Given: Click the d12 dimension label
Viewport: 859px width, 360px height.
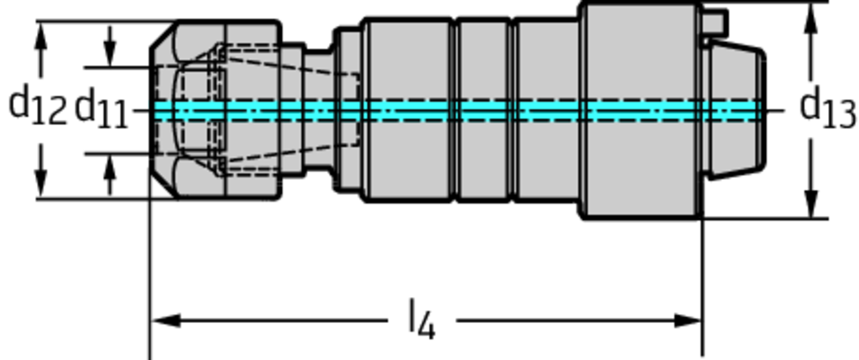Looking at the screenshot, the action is pyautogui.click(x=38, y=107).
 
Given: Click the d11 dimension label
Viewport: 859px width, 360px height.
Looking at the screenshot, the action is pyautogui.click(x=102, y=110).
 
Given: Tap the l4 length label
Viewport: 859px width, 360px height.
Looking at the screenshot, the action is pyautogui.click(x=422, y=319).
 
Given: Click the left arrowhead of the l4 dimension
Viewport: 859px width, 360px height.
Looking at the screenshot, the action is pyautogui.click(x=165, y=321).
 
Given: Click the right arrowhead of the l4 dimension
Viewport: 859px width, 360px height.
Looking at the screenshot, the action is pyautogui.click(x=688, y=321).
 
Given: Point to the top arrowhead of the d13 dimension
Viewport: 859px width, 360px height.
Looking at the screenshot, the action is pyautogui.click(x=811, y=18).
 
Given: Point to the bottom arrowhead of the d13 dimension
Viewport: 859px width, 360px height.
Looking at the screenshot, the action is pyautogui.click(x=811, y=204).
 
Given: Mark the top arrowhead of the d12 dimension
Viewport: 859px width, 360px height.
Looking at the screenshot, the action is pyautogui.click(x=40, y=36).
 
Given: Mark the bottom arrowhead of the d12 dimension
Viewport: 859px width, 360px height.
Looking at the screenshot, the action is pyautogui.click(x=40, y=185).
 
